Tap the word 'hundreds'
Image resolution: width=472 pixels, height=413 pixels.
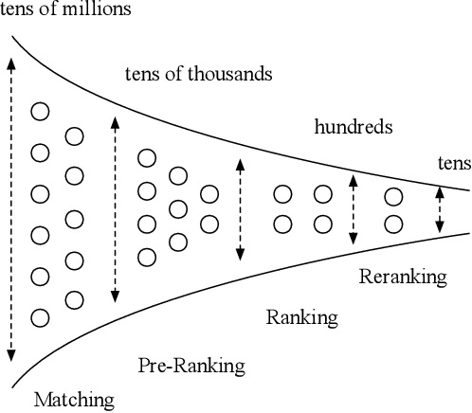(353, 125)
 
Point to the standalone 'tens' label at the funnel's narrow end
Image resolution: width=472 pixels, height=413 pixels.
(453, 163)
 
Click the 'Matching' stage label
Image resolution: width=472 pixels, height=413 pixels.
(74, 399)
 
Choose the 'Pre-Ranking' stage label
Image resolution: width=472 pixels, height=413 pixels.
(191, 365)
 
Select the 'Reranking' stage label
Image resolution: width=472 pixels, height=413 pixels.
(403, 277)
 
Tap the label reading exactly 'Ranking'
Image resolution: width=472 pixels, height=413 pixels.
(302, 316)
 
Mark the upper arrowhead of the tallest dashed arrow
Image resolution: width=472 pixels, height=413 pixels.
(10, 63)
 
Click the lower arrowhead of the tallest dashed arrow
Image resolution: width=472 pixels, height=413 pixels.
(10, 355)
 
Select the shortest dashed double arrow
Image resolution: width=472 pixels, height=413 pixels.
(439, 210)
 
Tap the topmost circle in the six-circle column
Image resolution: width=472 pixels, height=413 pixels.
(40, 112)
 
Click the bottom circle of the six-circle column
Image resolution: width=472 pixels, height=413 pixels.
(40, 317)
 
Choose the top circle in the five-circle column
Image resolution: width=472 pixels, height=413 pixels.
(74, 137)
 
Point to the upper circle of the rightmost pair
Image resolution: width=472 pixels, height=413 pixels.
(393, 197)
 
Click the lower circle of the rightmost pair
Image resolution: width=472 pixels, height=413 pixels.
(393, 224)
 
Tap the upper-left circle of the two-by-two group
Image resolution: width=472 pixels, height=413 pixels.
(282, 194)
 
